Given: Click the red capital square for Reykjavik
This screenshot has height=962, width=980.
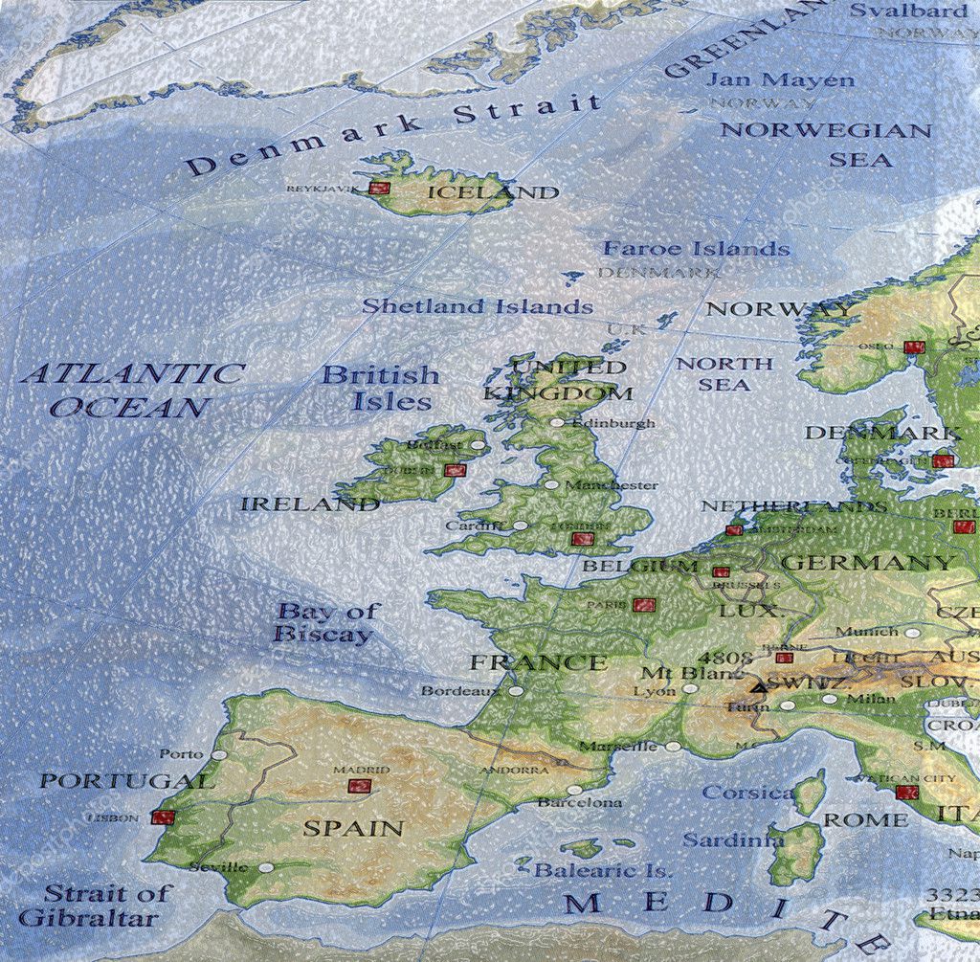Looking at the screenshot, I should [x=380, y=188].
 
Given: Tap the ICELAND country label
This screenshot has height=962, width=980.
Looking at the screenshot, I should [x=492, y=192].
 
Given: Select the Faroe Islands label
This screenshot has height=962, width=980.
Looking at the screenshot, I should [x=696, y=249].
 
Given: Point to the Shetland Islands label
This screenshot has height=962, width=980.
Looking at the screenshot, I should [x=478, y=306].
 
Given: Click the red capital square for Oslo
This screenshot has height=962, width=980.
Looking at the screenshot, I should [x=914, y=347].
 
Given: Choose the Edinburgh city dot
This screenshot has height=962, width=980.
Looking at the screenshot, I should [x=557, y=422].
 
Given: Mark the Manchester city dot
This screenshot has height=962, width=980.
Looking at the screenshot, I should [x=550, y=484].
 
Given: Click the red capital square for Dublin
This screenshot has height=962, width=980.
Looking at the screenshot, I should [x=455, y=470].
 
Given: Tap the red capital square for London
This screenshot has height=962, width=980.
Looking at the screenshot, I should [x=582, y=539].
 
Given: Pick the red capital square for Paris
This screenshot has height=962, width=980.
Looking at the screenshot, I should [x=644, y=604].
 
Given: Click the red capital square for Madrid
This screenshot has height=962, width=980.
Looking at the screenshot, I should [x=359, y=786].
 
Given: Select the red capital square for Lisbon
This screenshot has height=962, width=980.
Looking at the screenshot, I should [x=163, y=817].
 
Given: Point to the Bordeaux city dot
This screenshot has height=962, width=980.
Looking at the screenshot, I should [x=516, y=690].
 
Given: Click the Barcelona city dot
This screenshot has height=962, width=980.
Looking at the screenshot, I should [x=573, y=791].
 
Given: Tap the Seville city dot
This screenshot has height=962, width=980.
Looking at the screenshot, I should [x=266, y=867].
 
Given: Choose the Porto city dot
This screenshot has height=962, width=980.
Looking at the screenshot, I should [x=219, y=754].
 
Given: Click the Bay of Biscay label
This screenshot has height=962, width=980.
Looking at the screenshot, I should [x=326, y=622].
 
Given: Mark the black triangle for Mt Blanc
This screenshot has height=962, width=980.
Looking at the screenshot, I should [x=759, y=686].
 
